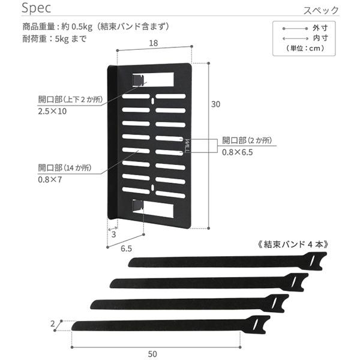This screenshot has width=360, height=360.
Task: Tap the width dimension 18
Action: pyautogui.click(x=154, y=43)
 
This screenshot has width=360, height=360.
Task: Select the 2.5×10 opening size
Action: pyautogui.click(x=52, y=112)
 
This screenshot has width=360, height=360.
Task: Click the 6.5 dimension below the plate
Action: pyautogui.click(x=126, y=248)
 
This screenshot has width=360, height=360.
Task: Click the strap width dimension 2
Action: pyautogui.click(x=53, y=324)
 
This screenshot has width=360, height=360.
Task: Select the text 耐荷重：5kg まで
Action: pyautogui.click(x=54, y=39)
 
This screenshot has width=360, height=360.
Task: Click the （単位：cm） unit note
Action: pyautogui.click(x=305, y=48)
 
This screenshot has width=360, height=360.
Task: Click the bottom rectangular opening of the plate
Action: pyautogui.click(x=158, y=209)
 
